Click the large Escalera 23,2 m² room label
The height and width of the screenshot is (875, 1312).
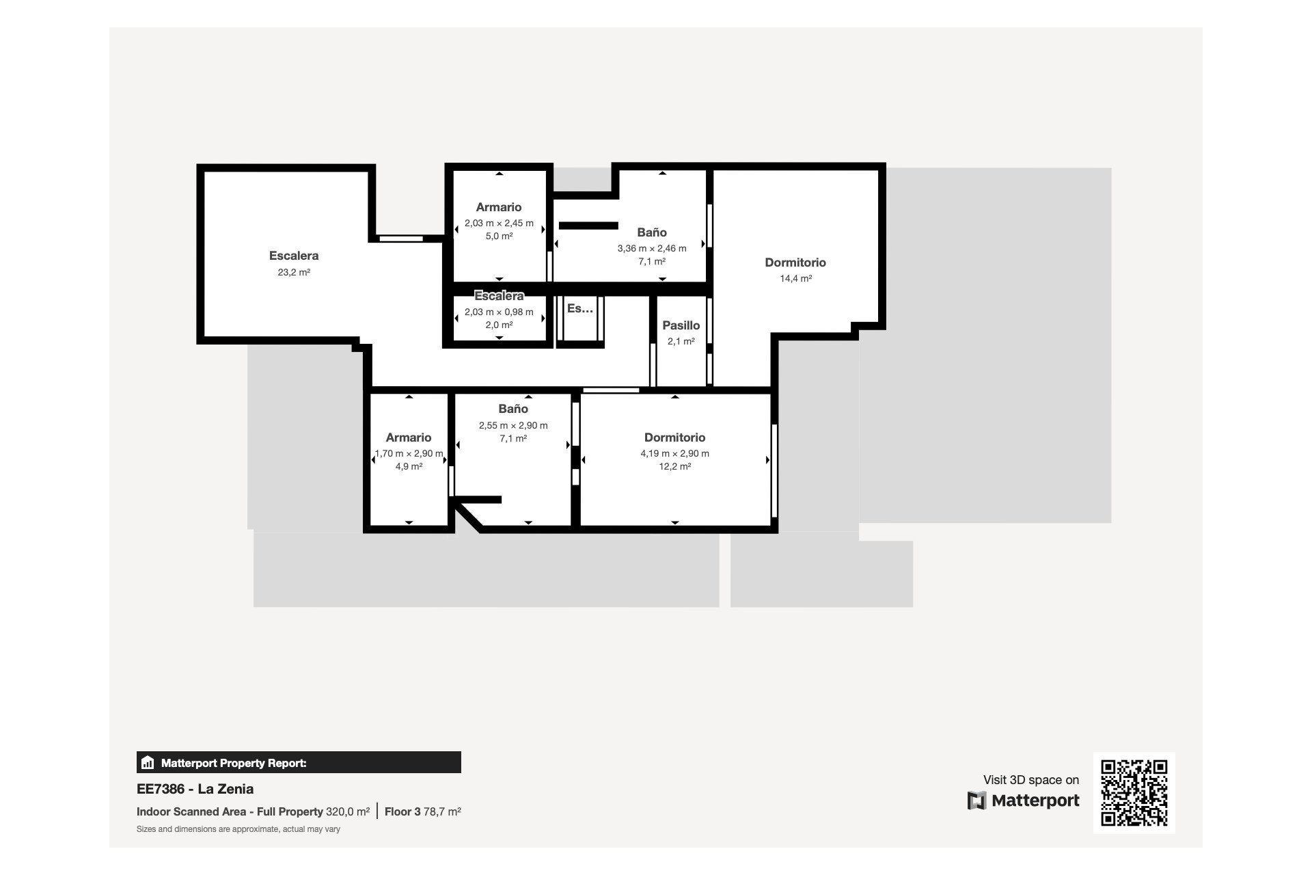293,256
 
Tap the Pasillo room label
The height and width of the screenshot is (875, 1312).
681,325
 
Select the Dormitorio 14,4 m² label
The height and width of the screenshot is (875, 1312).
795,262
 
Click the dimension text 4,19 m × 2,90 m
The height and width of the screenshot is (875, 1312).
674,454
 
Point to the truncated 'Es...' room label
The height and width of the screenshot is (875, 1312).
579,308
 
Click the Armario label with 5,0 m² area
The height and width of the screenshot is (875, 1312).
498,207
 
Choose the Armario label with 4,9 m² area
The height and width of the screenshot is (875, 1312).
408,437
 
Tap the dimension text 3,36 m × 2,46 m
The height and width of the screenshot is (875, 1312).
651,248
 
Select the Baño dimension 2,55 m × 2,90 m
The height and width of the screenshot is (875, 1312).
512,425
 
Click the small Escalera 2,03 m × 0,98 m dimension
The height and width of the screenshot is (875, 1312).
498,312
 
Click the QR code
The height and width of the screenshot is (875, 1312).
1134,793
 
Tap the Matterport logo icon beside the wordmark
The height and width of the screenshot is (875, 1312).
976,800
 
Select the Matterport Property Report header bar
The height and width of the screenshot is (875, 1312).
299,762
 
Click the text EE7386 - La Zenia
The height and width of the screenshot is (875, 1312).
195,789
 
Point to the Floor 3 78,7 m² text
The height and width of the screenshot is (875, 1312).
422,812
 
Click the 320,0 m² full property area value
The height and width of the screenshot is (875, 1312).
347,812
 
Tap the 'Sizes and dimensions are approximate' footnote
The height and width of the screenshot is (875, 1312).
238,829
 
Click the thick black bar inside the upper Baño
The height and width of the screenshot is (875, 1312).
588,226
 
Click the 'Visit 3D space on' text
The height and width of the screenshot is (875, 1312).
1030,780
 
